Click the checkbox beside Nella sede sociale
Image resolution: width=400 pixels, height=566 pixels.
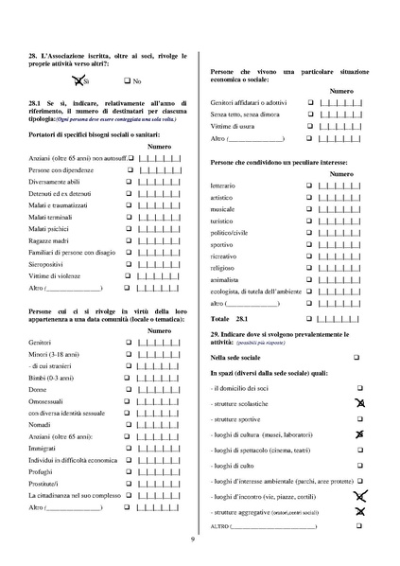coord(357,357)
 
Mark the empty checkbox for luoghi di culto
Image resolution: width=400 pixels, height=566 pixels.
coord(359,465)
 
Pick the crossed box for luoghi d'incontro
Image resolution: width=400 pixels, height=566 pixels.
coord(359,495)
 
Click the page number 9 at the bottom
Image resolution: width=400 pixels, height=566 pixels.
coord(193,539)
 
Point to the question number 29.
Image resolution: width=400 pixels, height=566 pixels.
coord(216,334)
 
